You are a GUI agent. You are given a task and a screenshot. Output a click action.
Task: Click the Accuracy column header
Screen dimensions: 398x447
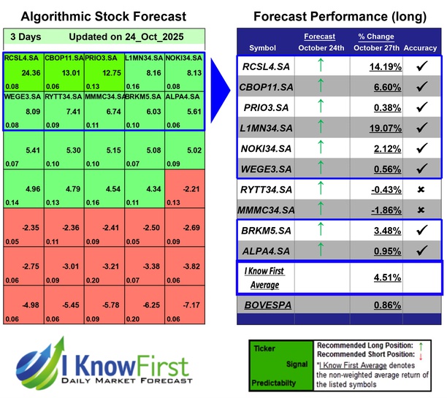pyautogui.click(x=420, y=48)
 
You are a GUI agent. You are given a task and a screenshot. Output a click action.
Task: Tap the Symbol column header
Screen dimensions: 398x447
pyautogui.click(x=263, y=48)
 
